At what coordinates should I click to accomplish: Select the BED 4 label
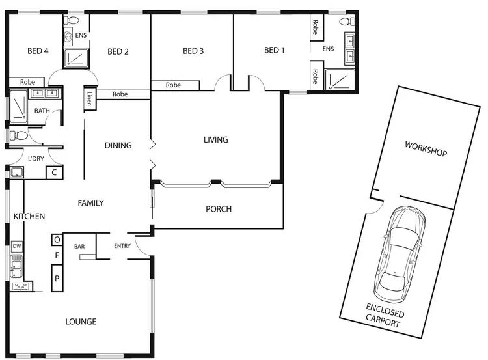pyautogui.click(x=38, y=51)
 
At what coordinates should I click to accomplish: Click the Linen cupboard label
pyautogui.click(x=89, y=99)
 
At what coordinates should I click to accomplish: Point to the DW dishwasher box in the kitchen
pyautogui.click(x=16, y=247)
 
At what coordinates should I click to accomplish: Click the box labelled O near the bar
pyautogui.click(x=57, y=240)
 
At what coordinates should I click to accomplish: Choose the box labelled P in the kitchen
pyautogui.click(x=57, y=278)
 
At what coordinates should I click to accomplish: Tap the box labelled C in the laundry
pyautogui.click(x=54, y=173)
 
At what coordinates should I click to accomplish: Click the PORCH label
pyautogui.click(x=219, y=209)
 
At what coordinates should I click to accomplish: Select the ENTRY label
pyautogui.click(x=122, y=246)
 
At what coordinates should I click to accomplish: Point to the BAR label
pyautogui.click(x=79, y=247)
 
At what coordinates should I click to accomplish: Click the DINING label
pyautogui.click(x=118, y=145)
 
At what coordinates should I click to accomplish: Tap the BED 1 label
pyautogui.click(x=275, y=51)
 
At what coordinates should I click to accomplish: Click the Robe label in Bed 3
pyautogui.click(x=173, y=85)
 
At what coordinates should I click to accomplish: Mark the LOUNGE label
pyautogui.click(x=81, y=322)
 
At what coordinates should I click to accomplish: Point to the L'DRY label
pyautogui.click(x=35, y=159)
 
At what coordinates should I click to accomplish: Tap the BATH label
pyautogui.click(x=42, y=111)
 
